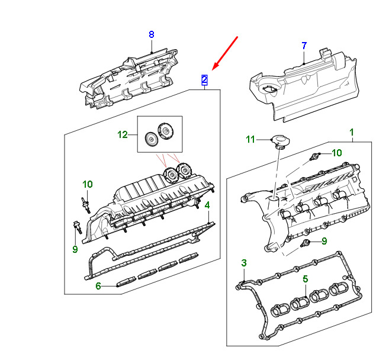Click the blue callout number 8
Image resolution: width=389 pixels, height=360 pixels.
click(152, 34)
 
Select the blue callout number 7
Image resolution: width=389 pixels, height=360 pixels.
click(304, 46)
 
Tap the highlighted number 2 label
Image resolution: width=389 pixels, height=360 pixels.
click(204, 80)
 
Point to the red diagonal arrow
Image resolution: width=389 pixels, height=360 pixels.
click(225, 53)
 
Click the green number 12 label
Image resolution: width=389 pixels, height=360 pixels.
click(123, 135)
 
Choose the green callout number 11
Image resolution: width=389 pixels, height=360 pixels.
click(250, 139)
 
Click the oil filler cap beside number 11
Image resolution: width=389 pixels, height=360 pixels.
click(280, 141)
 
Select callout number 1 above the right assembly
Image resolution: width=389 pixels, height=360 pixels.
click(351, 132)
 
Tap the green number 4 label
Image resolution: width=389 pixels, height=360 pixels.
click(207, 205)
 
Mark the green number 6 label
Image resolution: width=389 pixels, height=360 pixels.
click(98, 286)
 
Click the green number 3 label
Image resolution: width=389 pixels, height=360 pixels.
click(244, 263)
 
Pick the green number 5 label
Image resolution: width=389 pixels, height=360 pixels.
click(306, 279)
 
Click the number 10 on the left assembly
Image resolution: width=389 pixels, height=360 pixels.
click(87, 184)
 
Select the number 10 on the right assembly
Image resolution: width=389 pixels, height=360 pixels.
click(337, 153)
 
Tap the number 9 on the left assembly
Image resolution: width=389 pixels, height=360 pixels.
click(75, 249)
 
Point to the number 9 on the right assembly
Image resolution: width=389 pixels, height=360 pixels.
click(324, 241)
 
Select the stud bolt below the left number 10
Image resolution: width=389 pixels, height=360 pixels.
click(85, 205)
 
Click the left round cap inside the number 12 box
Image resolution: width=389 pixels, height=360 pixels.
click(150, 139)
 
